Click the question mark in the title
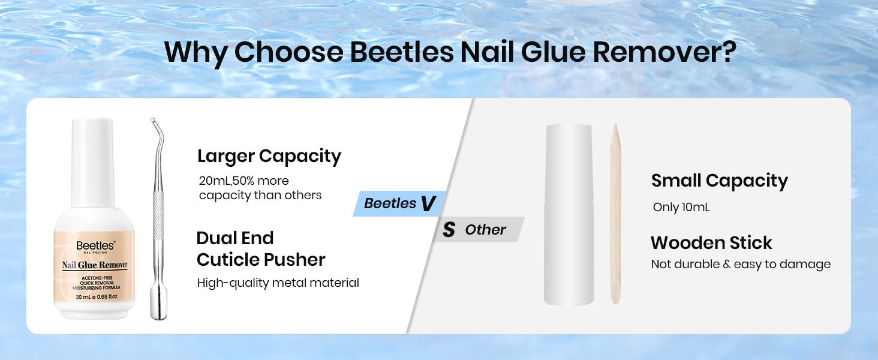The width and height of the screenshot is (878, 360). click(728, 52)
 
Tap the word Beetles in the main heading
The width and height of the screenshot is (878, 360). click(401, 52)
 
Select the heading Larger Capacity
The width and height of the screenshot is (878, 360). click(269, 157)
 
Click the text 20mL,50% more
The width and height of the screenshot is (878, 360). click(243, 181)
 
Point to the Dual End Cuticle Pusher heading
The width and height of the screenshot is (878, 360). click(261, 248)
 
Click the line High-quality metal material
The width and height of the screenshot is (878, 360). click(278, 283)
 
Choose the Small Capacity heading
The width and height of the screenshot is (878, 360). click(719, 181)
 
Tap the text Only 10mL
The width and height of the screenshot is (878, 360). click(681, 207)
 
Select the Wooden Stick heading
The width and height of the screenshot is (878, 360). click(711, 243)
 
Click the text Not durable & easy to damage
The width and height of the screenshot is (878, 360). click(741, 265)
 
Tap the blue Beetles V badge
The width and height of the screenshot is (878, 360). click(399, 203)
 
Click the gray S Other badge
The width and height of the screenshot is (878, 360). click(478, 229)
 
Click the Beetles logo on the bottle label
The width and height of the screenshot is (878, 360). click(95, 246)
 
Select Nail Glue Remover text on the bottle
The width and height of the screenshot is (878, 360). click(95, 265)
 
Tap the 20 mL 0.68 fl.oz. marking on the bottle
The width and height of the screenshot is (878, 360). click(97, 297)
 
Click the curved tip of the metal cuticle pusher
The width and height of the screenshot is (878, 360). click(154, 120)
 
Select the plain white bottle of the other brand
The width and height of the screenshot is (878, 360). click(569, 214)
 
